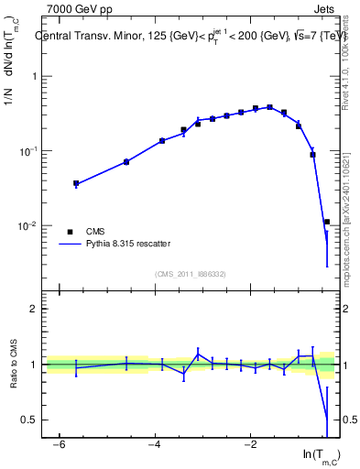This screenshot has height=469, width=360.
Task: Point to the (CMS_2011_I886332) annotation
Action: click(x=192, y=274)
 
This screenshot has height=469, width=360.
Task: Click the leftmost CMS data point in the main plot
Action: click(x=76, y=184)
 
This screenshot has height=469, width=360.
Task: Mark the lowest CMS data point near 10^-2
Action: click(x=326, y=222)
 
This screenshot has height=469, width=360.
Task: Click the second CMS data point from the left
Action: click(x=126, y=162)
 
